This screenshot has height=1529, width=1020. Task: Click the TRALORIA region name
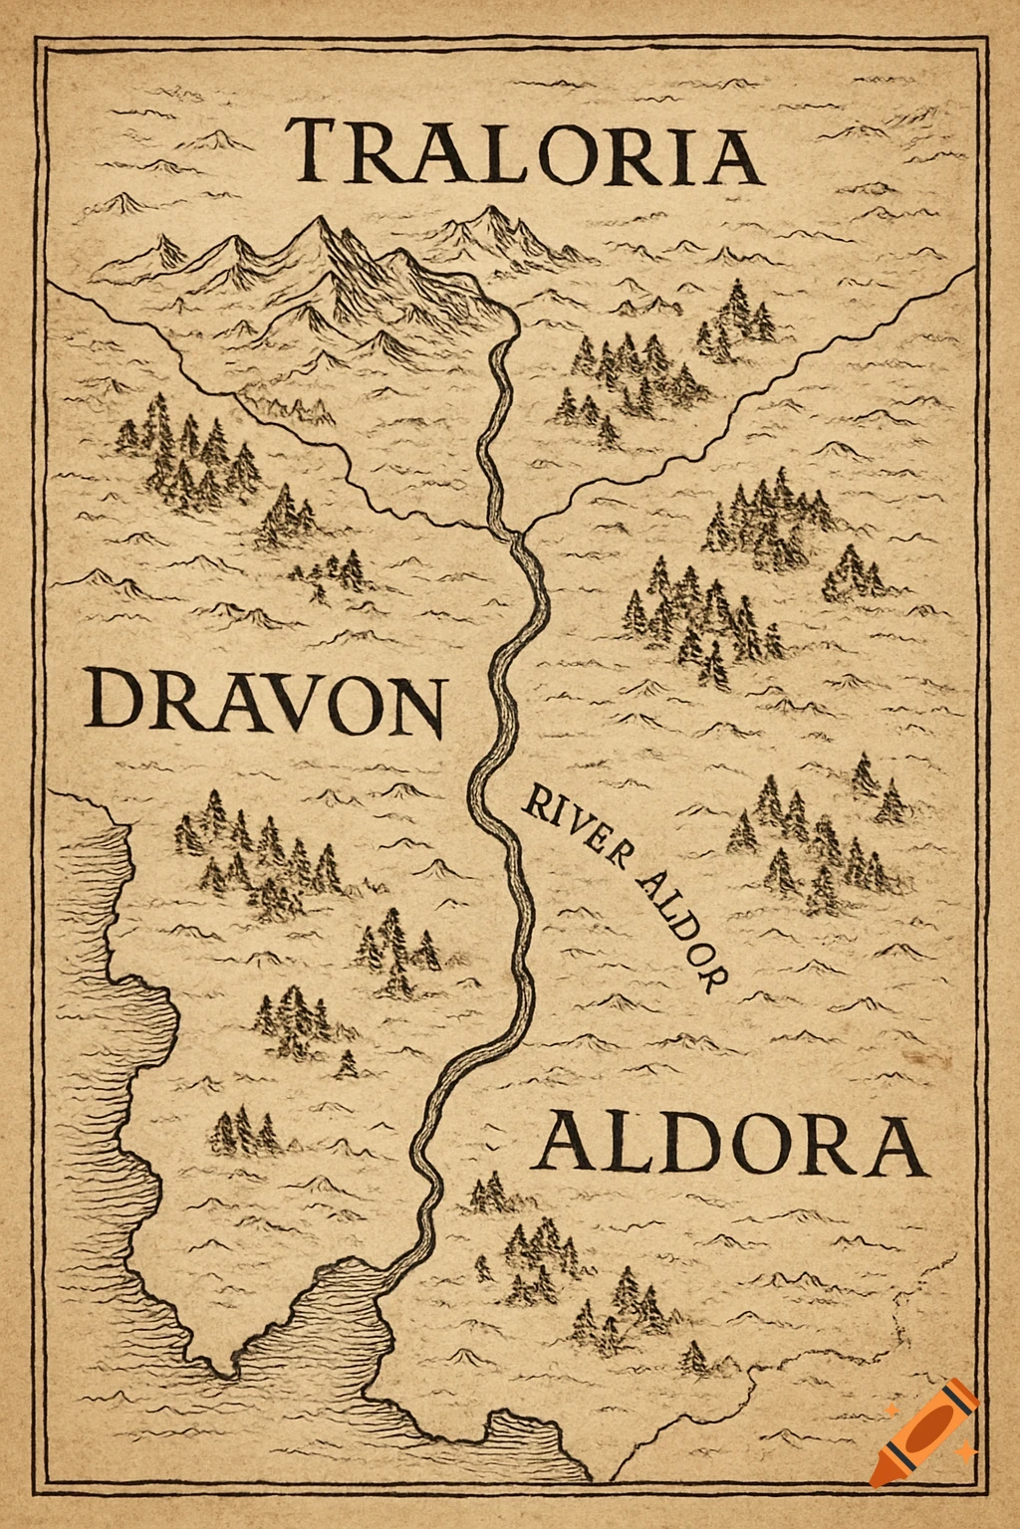click(x=525, y=152)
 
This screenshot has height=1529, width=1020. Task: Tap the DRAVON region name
click(x=264, y=702)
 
